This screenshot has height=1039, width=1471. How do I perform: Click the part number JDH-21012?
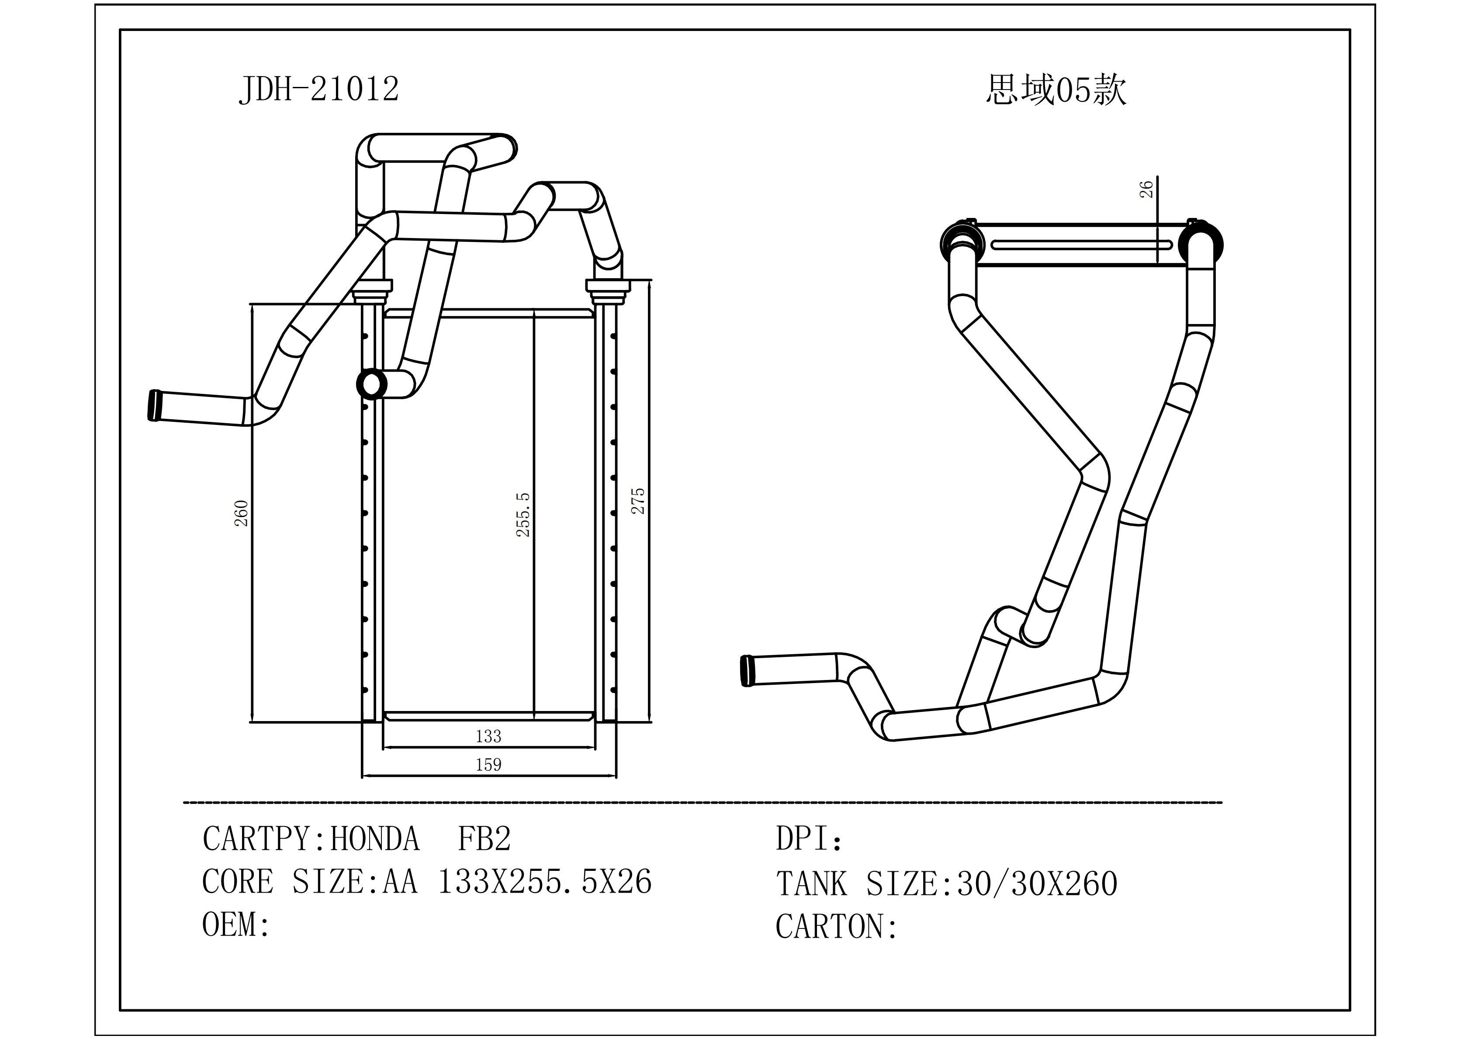[318, 89]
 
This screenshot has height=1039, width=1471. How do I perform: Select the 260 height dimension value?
[242, 513]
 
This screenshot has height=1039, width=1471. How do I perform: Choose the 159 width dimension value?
[488, 764]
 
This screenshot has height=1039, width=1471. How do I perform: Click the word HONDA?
[375, 839]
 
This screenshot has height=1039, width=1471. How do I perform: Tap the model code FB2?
[485, 839]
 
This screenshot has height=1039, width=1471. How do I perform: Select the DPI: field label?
[809, 839]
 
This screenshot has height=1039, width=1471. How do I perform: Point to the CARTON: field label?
[836, 926]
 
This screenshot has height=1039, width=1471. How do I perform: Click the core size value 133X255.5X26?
[544, 882]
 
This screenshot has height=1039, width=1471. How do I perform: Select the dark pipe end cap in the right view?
[746, 671]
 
